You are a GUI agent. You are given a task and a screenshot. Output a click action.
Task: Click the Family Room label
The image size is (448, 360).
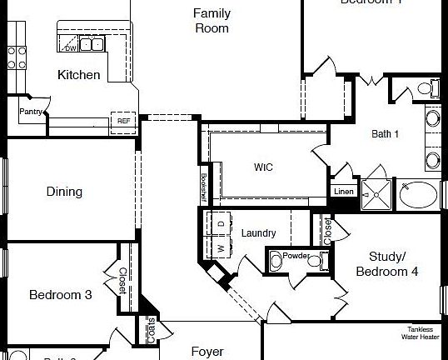tap(211, 21)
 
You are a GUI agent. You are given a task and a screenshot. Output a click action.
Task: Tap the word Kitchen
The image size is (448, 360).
tap(79, 75)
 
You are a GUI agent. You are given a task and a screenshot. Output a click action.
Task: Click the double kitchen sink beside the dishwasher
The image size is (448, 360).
tap(92, 44)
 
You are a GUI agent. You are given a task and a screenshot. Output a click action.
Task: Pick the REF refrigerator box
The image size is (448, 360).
tap(124, 121)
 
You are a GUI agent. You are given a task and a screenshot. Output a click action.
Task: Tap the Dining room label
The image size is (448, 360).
tap(64, 192)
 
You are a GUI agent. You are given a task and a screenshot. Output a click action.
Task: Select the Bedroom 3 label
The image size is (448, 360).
tap(60, 294)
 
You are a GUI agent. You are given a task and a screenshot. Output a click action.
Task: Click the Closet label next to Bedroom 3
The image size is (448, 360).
tap(122, 281)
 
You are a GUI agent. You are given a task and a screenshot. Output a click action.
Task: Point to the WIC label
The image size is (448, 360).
tap(263, 167)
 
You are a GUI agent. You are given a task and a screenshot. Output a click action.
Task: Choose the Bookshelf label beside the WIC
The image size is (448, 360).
tap(203, 187)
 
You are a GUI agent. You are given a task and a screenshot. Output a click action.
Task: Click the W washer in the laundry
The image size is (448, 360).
tap(221, 247)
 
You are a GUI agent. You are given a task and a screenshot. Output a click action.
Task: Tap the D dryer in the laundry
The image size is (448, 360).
tap(221, 223)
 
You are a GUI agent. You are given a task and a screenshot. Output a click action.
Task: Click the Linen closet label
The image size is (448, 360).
tap(344, 192)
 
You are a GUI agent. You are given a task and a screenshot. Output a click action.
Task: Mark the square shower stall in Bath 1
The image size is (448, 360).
tap(376, 193)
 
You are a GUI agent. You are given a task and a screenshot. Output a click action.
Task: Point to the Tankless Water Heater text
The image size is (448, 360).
tap(418, 332)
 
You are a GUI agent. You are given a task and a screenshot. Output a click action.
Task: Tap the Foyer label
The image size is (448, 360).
tap(207, 352)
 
